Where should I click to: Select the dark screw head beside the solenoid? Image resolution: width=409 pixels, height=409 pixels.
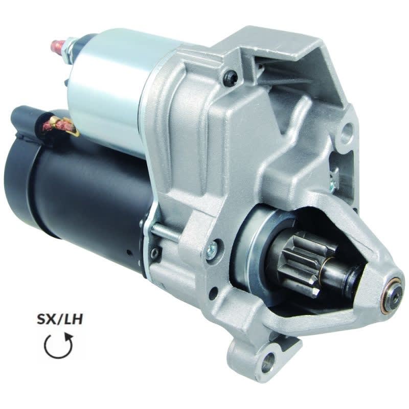[x=229, y=77]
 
